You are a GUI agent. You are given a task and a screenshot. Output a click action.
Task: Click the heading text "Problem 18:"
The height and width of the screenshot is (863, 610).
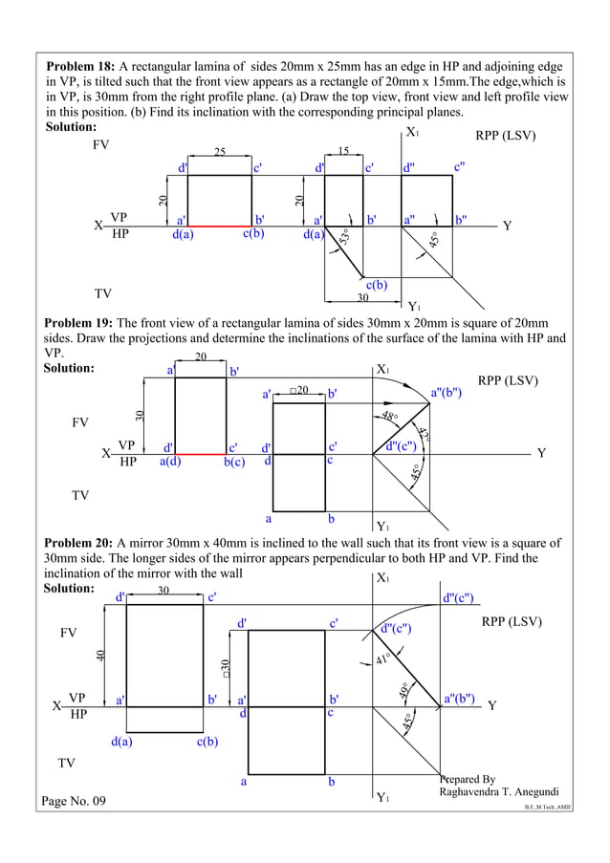(x=80, y=67)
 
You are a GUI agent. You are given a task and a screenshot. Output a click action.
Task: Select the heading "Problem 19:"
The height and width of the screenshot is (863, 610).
(x=79, y=322)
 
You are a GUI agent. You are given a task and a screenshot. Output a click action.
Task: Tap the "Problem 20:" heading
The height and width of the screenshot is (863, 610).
(x=79, y=544)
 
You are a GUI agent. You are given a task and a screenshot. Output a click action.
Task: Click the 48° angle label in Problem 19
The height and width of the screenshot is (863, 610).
(x=389, y=417)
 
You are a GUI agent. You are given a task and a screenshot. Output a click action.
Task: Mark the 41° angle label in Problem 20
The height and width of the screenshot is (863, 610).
(x=382, y=658)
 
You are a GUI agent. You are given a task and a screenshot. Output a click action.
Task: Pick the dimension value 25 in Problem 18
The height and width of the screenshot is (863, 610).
(x=219, y=153)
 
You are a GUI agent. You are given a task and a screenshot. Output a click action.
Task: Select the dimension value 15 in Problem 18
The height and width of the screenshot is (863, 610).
(x=342, y=153)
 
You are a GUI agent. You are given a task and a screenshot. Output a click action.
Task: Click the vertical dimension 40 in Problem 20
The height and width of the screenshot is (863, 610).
(x=100, y=656)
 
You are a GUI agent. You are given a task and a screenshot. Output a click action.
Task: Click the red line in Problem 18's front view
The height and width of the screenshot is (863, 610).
(x=220, y=226)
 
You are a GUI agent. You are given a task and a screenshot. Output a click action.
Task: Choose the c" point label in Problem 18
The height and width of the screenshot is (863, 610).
(x=460, y=167)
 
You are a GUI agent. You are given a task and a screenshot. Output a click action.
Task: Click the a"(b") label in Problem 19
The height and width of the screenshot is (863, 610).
(x=447, y=392)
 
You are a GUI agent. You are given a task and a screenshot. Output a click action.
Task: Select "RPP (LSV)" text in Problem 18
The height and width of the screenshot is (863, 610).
(x=506, y=136)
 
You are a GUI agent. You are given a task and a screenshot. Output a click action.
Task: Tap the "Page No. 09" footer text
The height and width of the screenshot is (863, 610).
(x=75, y=801)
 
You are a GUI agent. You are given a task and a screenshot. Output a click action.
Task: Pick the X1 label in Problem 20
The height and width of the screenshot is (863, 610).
(x=382, y=577)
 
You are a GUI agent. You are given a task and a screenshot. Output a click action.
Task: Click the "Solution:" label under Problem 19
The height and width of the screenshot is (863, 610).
(x=69, y=368)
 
